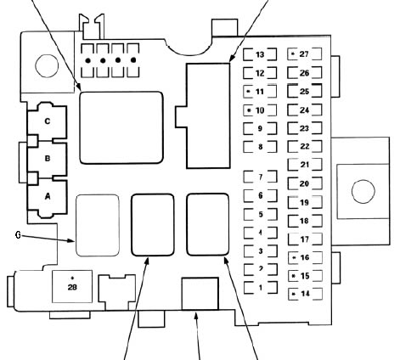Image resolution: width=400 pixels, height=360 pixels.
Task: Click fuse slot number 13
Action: [x=260, y=54]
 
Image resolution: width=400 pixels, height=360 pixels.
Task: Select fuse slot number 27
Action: [x=305, y=53]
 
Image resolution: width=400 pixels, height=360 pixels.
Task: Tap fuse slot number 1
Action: [x=261, y=288]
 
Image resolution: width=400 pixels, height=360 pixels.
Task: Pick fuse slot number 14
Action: [x=305, y=294]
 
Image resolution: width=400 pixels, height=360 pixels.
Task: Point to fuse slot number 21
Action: [x=305, y=165]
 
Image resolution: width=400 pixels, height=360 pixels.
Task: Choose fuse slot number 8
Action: [x=260, y=147]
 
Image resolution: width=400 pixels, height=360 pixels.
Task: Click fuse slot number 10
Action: [x=260, y=110]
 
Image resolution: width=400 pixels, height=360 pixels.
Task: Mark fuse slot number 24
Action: [x=305, y=110]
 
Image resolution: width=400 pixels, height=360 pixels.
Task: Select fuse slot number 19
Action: [x=305, y=202]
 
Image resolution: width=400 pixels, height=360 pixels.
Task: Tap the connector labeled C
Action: [x=48, y=121]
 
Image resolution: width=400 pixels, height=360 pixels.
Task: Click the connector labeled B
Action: [x=48, y=159]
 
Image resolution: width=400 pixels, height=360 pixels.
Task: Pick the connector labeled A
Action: [x=48, y=196]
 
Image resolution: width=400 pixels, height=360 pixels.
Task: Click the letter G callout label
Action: [x=18, y=235]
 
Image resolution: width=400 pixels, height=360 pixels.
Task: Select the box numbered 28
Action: [x=72, y=286]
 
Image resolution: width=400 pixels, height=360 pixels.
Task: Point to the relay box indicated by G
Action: [x=98, y=225]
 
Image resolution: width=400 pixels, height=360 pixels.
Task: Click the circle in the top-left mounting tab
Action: [x=47, y=65]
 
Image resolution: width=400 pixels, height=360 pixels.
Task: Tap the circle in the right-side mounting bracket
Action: [x=363, y=191]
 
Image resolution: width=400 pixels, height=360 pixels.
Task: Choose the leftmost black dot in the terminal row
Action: [x=88, y=60]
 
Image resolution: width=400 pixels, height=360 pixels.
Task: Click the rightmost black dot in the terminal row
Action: [x=133, y=60]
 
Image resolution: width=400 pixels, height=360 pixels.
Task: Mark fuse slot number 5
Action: [x=261, y=214]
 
